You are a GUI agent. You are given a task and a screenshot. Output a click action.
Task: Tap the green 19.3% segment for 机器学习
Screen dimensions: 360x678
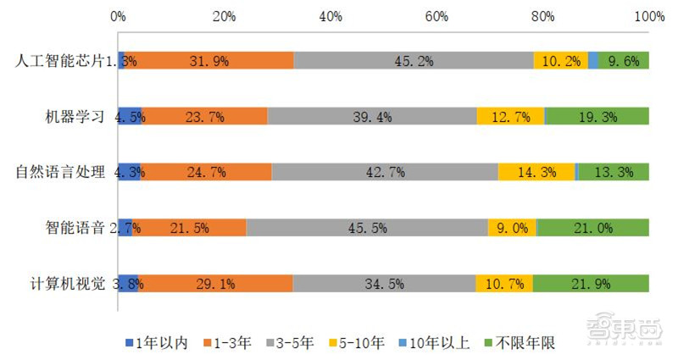click(x=597, y=117)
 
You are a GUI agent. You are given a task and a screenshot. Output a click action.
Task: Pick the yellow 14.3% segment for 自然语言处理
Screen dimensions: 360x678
click(x=536, y=172)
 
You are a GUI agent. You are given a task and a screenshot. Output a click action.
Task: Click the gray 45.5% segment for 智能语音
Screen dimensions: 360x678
click(x=367, y=227)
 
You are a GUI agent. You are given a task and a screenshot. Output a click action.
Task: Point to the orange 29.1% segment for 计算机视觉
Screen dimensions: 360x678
click(x=216, y=283)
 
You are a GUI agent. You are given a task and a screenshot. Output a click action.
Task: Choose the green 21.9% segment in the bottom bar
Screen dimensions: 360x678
click(x=591, y=283)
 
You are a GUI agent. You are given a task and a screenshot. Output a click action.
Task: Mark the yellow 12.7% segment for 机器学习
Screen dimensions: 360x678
click(x=510, y=117)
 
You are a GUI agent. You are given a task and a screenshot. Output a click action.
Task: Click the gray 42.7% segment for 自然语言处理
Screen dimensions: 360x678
click(x=385, y=172)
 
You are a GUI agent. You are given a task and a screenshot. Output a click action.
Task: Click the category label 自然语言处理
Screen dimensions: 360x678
click(x=59, y=172)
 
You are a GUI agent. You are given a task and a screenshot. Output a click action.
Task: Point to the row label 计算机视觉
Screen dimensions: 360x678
click(x=67, y=284)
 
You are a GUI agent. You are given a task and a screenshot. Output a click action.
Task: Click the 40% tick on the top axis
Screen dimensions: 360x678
click(x=331, y=16)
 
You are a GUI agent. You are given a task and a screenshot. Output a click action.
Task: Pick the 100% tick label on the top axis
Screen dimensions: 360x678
click(x=649, y=16)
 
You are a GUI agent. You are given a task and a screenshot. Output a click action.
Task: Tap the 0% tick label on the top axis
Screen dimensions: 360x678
click(x=119, y=16)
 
